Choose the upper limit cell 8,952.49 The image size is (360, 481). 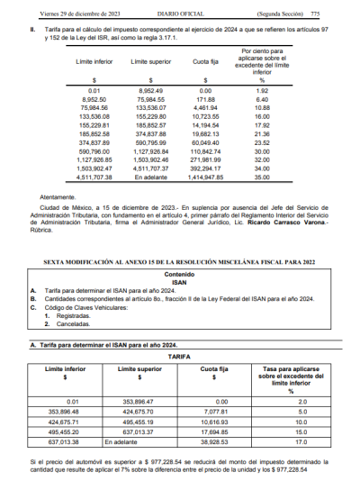tap(150, 91)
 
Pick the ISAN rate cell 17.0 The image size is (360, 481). tap(291, 441)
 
